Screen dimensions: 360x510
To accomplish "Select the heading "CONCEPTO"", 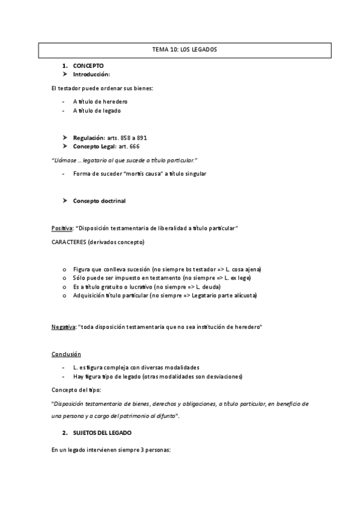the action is (x=88, y=65).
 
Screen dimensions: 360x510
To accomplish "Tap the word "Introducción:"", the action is (x=91, y=74).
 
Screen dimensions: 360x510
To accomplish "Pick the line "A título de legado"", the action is (x=98, y=111).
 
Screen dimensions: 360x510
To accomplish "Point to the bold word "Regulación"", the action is (x=88, y=138).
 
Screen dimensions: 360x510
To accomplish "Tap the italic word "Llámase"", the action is (x=66, y=159).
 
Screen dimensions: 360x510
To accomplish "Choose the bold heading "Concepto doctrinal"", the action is (x=99, y=200).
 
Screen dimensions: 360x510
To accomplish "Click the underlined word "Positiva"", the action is (x=62, y=228).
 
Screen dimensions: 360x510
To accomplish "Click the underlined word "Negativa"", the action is (x=63, y=327).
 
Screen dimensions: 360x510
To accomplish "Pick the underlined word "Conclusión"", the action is (x=66, y=354).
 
